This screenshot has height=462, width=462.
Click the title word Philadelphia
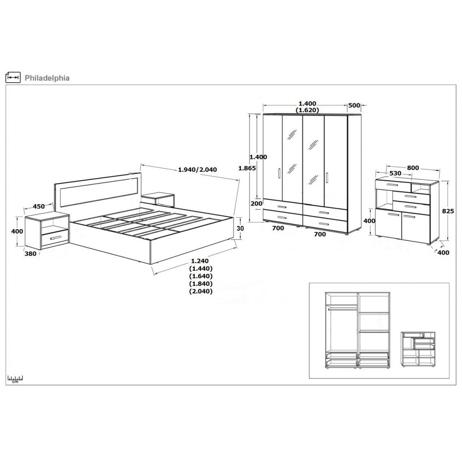47,78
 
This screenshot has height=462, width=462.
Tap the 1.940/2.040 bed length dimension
197,170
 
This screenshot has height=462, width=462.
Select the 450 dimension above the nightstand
39,207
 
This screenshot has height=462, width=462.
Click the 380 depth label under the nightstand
30,254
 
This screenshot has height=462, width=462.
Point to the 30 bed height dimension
241,228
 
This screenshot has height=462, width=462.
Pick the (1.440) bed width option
201,268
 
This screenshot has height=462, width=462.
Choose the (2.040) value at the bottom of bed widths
201,292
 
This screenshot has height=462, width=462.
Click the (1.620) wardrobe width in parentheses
307,110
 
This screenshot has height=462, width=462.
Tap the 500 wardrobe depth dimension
354,105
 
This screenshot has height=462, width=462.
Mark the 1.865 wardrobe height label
247,168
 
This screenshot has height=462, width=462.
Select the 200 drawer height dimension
256,204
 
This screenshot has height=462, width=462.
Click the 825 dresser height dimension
448,211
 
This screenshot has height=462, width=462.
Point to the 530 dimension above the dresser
395,174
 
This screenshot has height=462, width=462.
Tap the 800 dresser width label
413,168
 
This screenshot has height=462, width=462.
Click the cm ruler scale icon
15,379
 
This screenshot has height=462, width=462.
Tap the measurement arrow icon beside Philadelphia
13,77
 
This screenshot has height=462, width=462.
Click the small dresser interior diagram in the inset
418,349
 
